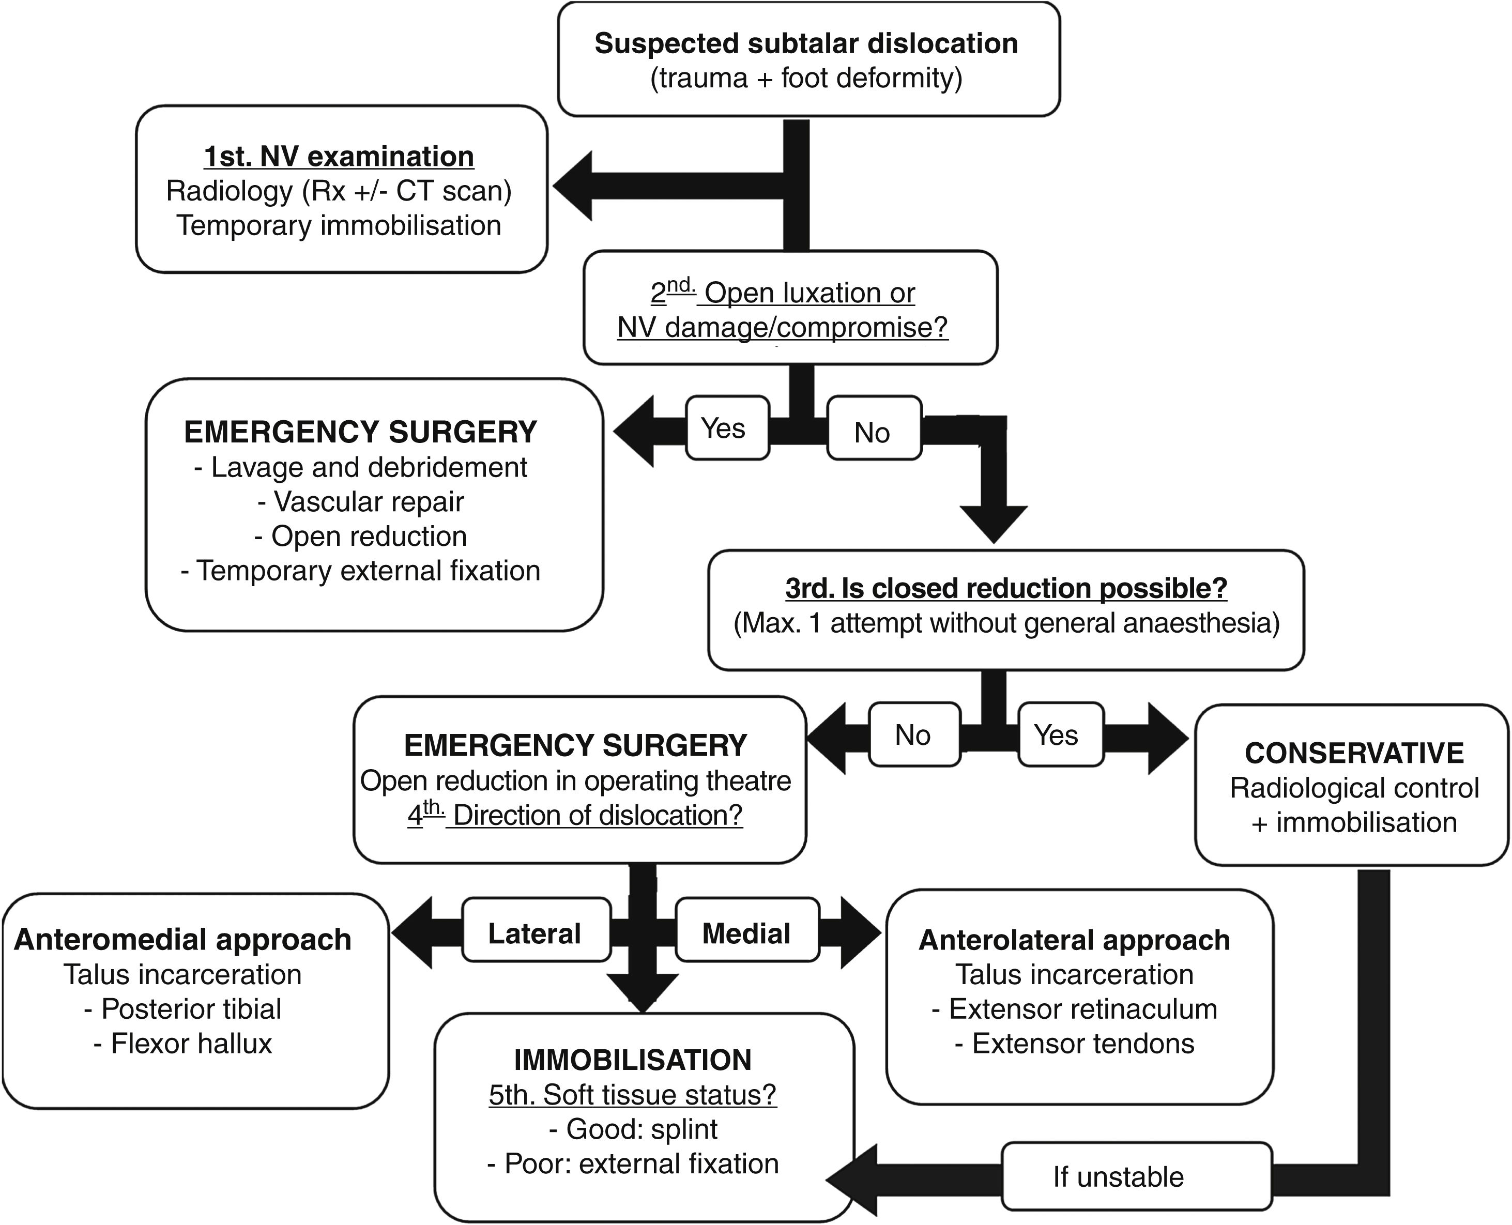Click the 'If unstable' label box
[1137, 1176]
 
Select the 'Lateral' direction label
[536, 929]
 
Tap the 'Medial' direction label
[747, 929]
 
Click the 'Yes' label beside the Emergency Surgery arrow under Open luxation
[727, 427]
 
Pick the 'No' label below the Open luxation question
[874, 427]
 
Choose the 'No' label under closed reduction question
[914, 734]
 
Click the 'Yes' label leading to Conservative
[1060, 734]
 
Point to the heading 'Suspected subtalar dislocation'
[806, 43]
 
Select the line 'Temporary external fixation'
[360, 570]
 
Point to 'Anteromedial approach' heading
[183, 940]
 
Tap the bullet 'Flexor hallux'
[183, 1043]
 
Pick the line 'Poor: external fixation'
[633, 1163]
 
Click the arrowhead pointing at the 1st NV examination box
[572, 187]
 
